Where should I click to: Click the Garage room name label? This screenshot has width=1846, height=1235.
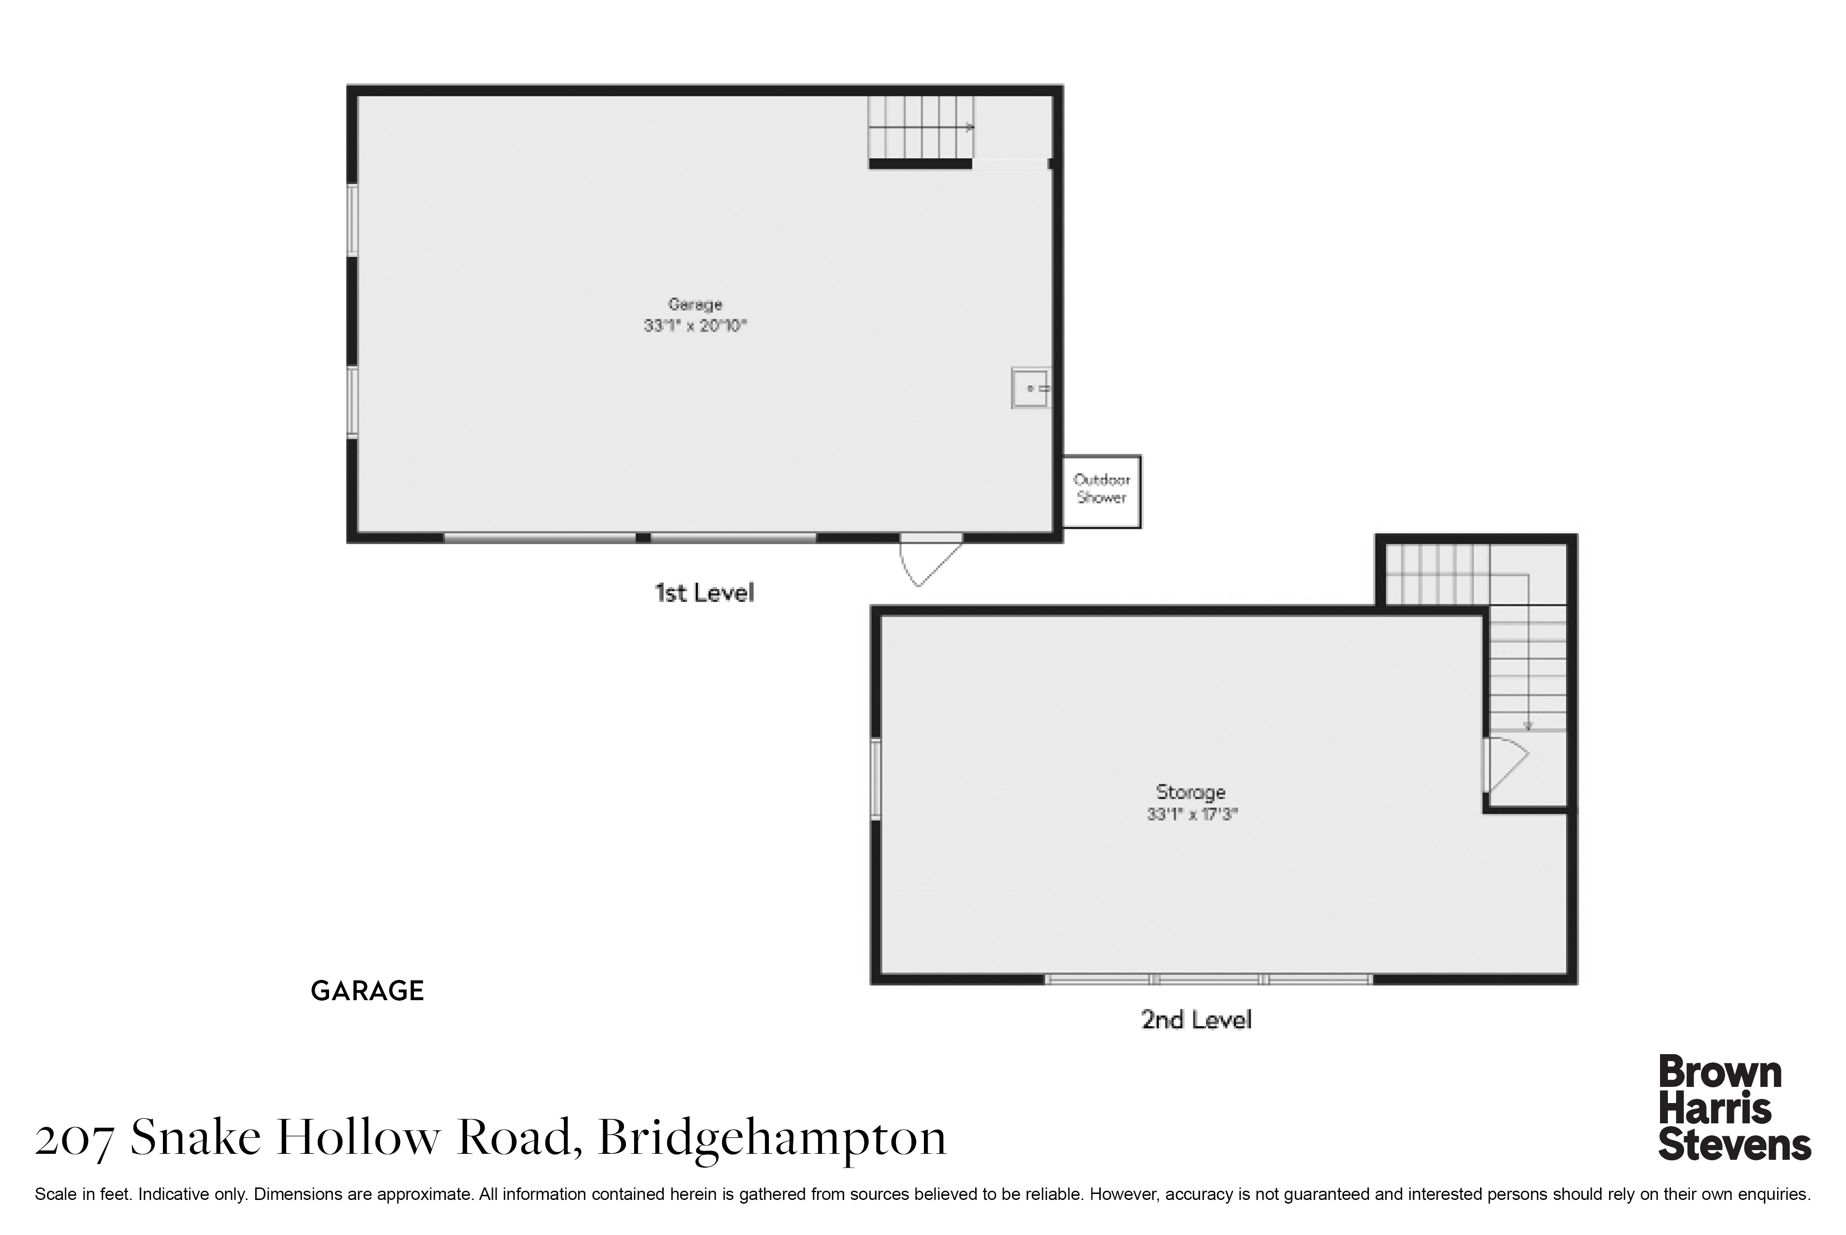click(x=695, y=304)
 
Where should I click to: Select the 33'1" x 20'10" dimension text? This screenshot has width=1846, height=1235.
click(x=695, y=325)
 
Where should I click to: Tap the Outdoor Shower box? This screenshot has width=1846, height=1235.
click(x=1102, y=491)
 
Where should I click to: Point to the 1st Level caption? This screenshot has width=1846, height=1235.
click(x=704, y=592)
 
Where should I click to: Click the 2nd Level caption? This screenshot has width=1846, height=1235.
click(x=1196, y=1020)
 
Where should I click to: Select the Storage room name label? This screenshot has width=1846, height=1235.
click(x=1191, y=792)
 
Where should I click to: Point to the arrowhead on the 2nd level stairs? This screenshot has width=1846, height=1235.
click(x=1528, y=726)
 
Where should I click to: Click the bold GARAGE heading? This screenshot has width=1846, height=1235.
click(x=367, y=991)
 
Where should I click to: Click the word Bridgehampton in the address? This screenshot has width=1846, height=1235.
click(x=772, y=1139)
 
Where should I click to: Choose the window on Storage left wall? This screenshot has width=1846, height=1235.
click(x=875, y=778)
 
